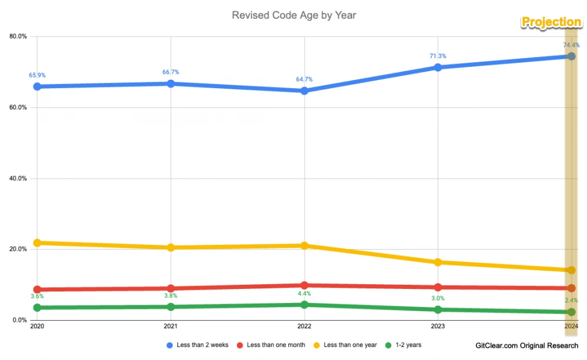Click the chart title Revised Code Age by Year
(293, 15)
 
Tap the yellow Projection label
(551, 22)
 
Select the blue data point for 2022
(304, 91)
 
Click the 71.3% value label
(437, 56)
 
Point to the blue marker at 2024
(571, 56)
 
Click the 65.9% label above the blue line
(37, 75)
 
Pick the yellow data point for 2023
(437, 262)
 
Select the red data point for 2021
(171, 288)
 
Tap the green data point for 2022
(304, 305)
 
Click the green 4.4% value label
(304, 294)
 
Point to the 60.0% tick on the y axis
(18, 107)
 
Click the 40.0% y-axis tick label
(18, 179)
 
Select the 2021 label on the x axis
(171, 326)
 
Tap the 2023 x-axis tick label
(437, 326)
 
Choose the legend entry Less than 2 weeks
(196, 345)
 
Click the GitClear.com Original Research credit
(526, 346)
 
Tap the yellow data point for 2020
(38, 243)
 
